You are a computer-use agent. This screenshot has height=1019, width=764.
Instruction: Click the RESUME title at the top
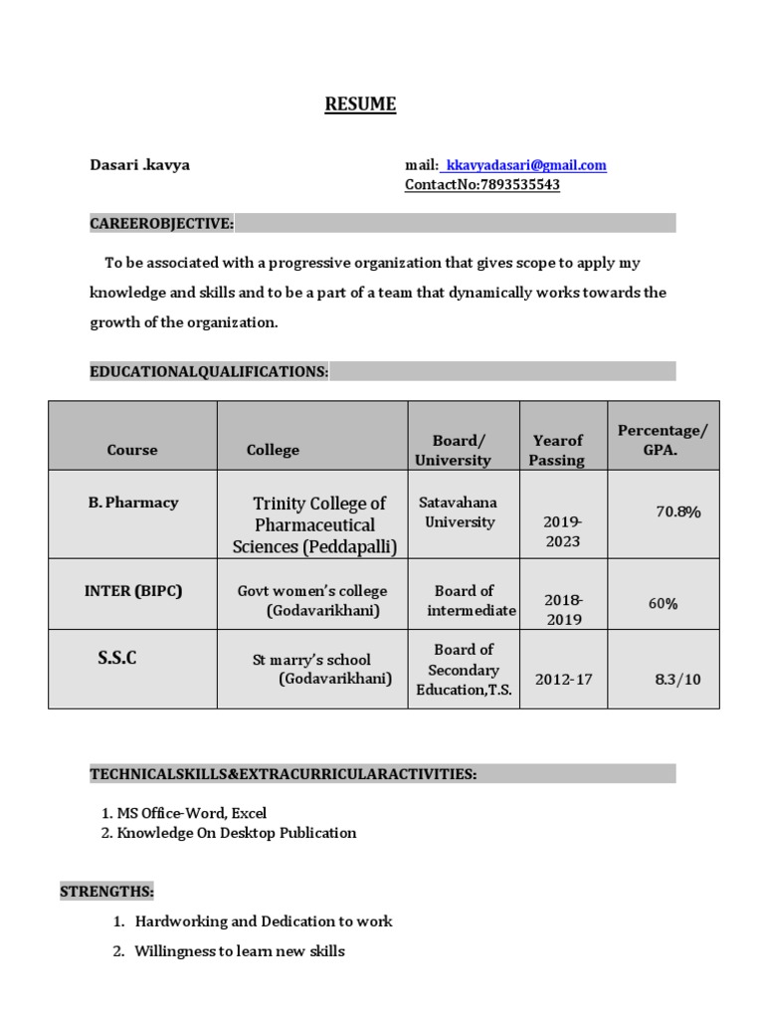pos(360,104)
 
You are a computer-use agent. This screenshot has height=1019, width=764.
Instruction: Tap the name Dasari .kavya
pos(139,165)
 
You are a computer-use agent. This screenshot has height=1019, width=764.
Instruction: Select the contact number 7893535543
pos(520,185)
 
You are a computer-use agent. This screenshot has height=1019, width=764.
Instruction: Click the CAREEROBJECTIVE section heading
pos(162,224)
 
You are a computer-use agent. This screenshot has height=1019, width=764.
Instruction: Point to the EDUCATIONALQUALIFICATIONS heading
pos(209,371)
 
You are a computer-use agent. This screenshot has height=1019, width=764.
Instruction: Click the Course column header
pos(132,450)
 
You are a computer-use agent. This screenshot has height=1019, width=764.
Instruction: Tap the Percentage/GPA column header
pos(663,439)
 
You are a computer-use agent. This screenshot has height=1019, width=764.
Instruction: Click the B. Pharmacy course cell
pos(132,503)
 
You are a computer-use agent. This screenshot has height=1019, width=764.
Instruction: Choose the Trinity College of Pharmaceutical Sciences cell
pos(314,524)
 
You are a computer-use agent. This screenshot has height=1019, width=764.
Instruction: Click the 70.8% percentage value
pos(677,511)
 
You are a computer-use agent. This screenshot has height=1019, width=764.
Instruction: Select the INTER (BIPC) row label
pos(132,590)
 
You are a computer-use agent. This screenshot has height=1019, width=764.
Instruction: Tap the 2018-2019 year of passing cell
pos(562,609)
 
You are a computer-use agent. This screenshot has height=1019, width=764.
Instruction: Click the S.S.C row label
pos(116,659)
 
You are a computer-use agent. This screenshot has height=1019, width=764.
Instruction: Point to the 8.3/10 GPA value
pos(677,680)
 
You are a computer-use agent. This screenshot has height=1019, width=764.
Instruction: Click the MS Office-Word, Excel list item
pos(184,813)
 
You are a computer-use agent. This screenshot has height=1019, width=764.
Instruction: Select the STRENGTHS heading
pos(106,891)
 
